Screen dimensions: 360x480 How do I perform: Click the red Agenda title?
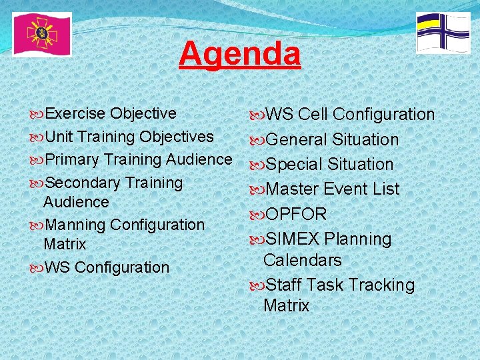tap(239, 54)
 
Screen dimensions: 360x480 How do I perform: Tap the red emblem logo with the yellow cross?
tap(41, 34)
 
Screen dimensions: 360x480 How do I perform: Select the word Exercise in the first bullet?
tap(75, 113)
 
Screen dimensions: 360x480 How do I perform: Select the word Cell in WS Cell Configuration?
tap(313, 115)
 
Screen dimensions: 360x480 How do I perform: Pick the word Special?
tap(295, 165)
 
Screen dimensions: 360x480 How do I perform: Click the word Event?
tap(345, 189)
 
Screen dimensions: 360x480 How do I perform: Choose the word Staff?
tap(285, 285)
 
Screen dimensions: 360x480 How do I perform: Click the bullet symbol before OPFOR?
tap(256, 215)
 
